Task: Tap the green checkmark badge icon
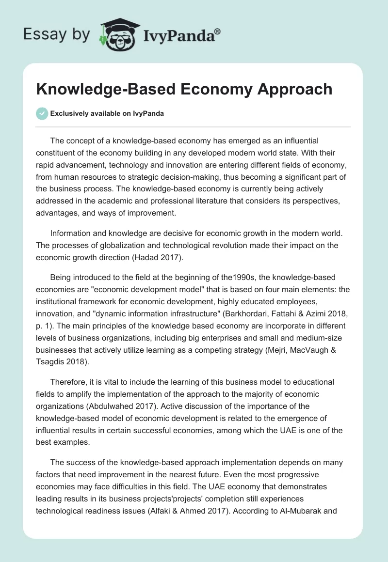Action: [42, 113]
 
